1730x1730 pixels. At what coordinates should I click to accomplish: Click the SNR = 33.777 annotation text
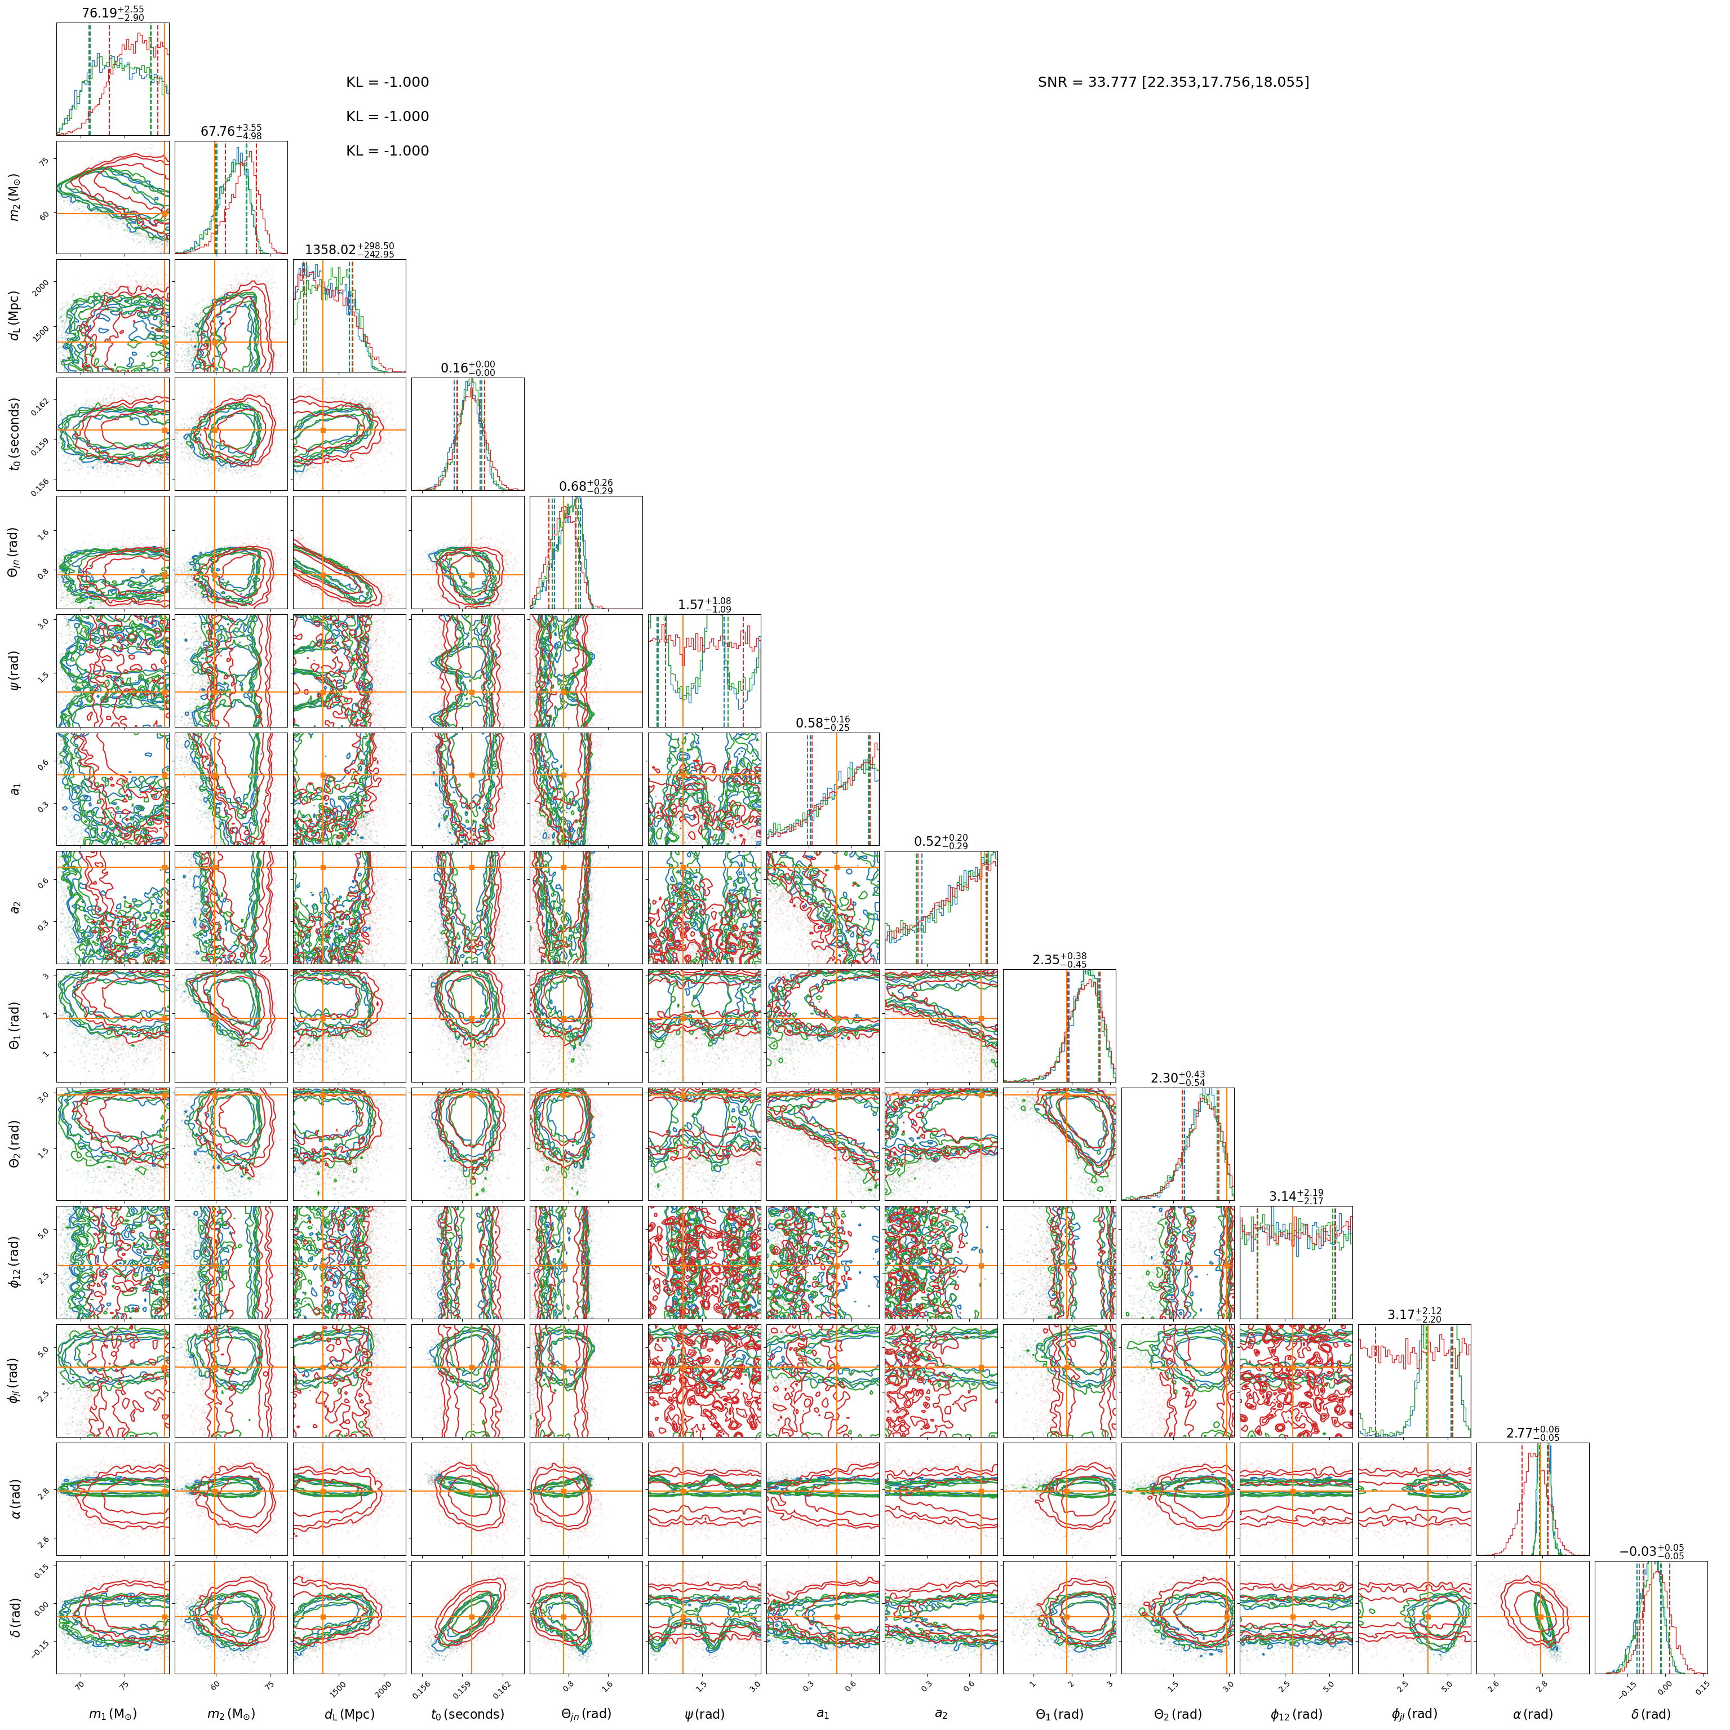click(x=1173, y=82)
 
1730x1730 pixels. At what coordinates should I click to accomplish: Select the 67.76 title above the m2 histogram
click(x=231, y=132)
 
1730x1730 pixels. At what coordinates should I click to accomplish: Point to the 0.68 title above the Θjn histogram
click(x=587, y=486)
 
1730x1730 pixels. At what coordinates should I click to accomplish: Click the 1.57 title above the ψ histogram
click(x=705, y=605)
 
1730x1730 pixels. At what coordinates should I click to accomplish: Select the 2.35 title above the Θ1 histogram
click(x=1059, y=959)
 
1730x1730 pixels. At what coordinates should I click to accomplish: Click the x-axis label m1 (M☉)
click(x=113, y=1714)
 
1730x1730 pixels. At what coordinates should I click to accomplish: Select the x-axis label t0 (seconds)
click(x=467, y=1714)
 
